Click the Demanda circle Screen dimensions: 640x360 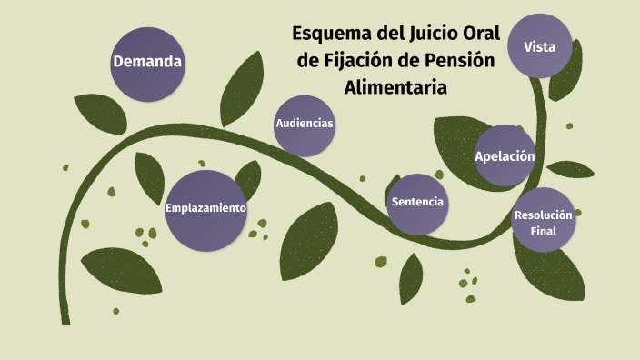[x=147, y=64]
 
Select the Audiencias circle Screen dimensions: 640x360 [x=305, y=125]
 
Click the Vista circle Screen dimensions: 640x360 [x=540, y=46]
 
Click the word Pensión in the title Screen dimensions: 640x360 [x=459, y=62]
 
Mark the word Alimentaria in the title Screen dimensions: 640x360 [x=396, y=88]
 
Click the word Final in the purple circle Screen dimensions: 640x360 [x=544, y=231]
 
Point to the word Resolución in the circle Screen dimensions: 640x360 [x=544, y=215]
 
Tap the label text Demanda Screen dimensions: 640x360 [x=147, y=63]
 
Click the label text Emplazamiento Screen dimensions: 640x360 [x=205, y=208]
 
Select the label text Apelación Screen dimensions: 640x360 [x=505, y=156]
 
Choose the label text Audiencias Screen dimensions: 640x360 [x=305, y=124]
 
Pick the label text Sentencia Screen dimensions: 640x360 [x=417, y=202]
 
